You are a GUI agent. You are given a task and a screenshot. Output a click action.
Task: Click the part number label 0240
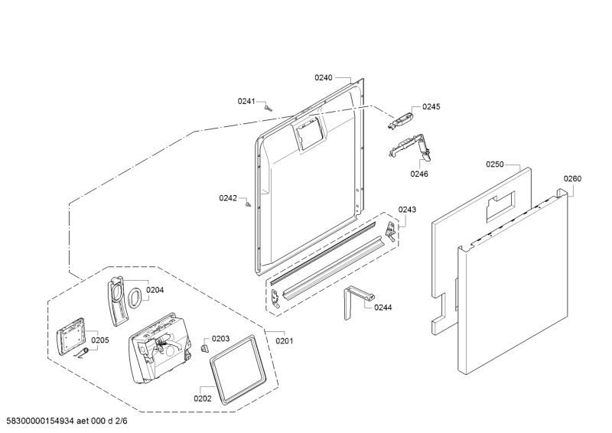click(x=324, y=77)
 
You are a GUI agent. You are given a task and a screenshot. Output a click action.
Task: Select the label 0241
click(x=246, y=101)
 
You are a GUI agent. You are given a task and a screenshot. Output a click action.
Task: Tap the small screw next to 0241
click(x=268, y=108)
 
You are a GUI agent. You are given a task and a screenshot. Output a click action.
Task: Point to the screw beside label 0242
click(x=249, y=203)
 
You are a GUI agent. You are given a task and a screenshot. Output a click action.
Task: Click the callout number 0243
click(x=407, y=210)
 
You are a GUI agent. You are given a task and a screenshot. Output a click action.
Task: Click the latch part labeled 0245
click(x=401, y=116)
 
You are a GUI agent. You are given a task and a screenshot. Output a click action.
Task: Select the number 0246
click(x=418, y=174)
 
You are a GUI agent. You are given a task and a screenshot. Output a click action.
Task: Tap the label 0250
click(x=495, y=164)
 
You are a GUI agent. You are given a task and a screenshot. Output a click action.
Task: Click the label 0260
click(x=572, y=179)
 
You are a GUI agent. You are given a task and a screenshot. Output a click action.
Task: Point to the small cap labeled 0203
click(x=203, y=347)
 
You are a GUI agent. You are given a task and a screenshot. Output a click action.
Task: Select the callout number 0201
click(x=283, y=340)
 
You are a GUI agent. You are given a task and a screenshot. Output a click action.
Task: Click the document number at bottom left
click(x=77, y=422)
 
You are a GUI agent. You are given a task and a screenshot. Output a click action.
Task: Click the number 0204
click(x=155, y=290)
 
